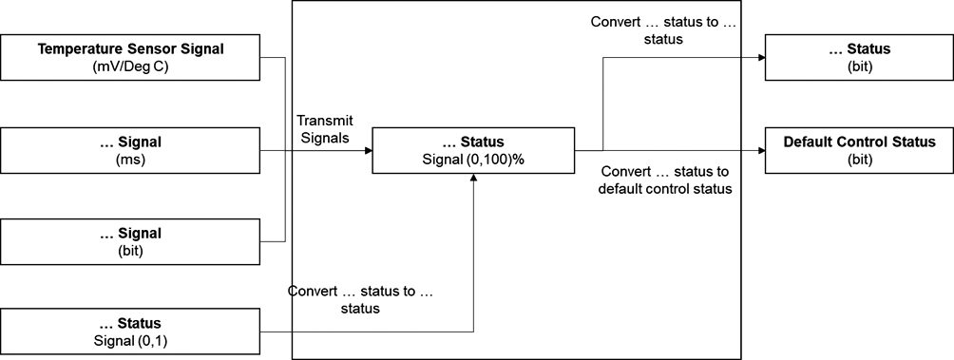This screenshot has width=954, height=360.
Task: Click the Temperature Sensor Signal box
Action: [130, 57]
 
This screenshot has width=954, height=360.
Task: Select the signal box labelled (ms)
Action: [130, 151]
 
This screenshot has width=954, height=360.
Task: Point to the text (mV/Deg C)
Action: [130, 66]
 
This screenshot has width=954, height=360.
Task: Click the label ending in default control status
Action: [664, 180]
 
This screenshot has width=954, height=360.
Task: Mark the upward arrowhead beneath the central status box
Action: [473, 180]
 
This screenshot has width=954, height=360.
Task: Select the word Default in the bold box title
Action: [808, 142]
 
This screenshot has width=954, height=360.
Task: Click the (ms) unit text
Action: [130, 161]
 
